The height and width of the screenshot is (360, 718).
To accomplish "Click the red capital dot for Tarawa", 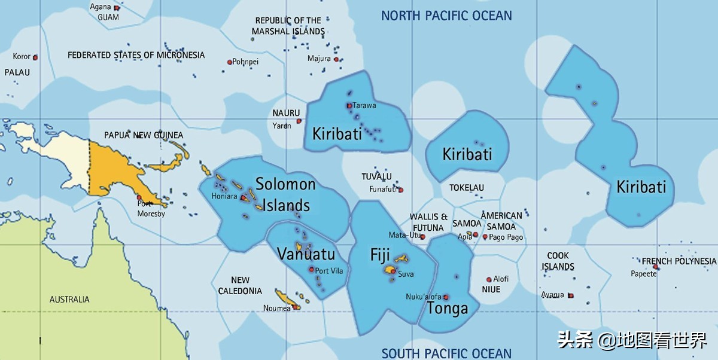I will [x=349, y=106].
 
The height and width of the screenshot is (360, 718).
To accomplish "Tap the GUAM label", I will [x=108, y=17].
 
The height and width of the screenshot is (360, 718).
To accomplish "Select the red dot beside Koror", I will [x=35, y=57].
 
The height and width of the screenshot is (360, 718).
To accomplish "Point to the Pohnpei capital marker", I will [x=229, y=62].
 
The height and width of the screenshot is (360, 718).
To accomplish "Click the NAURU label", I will [x=286, y=113].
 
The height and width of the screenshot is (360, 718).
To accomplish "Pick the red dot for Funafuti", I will [x=400, y=190].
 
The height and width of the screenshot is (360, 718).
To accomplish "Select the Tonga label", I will [x=447, y=309].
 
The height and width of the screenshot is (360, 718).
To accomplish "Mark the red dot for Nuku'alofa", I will [x=446, y=297].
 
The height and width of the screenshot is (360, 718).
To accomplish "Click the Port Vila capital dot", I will [x=311, y=269].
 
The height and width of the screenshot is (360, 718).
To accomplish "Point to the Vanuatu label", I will [x=306, y=254].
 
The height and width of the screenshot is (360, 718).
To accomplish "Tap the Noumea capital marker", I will [x=296, y=307].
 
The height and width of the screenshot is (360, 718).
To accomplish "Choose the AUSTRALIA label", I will [x=69, y=300].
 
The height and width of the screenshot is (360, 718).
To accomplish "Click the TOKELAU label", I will [x=467, y=188].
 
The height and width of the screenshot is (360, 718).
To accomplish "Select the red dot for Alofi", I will [x=489, y=279].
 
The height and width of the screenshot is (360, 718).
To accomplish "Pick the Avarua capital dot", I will [x=570, y=295].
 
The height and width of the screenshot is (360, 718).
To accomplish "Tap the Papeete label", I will [x=643, y=274].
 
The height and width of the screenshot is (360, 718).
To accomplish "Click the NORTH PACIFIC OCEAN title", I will [x=446, y=16].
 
